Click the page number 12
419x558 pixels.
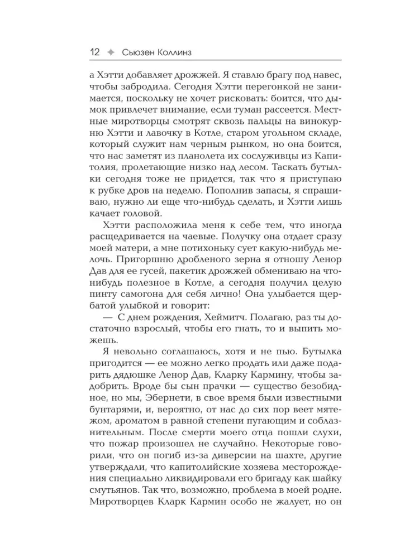[x=94, y=52]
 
